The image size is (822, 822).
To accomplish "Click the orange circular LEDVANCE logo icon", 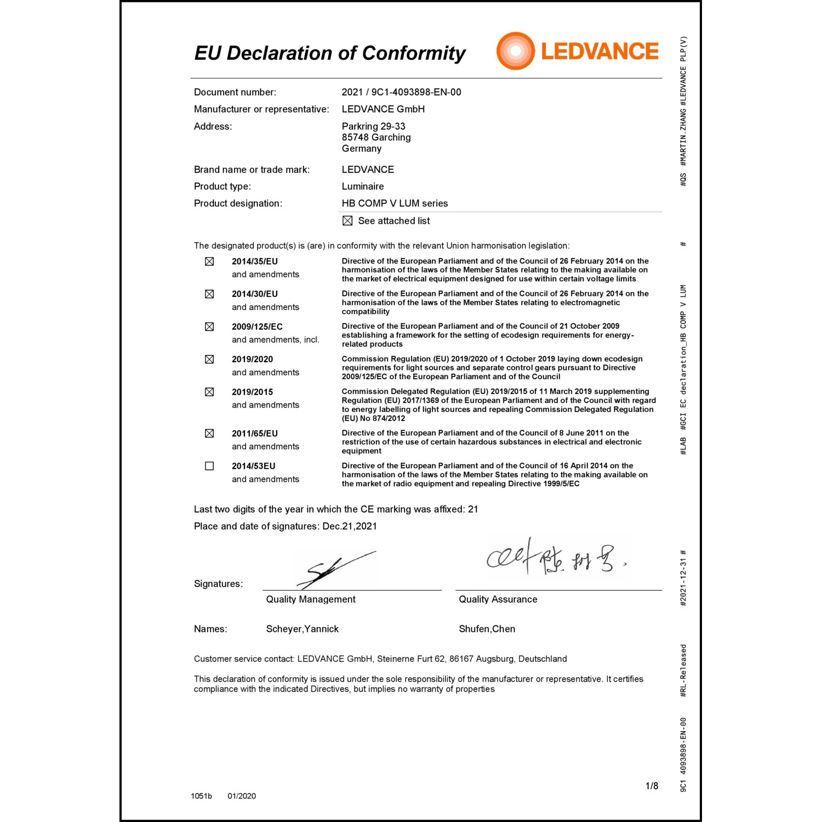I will coord(515,51).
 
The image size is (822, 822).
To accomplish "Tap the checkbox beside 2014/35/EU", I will coord(209,262).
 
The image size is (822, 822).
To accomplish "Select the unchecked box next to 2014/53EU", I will coord(209,466).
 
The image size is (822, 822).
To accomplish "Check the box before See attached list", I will coord(347,221).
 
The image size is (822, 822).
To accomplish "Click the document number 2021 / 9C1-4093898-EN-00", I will coord(401,92).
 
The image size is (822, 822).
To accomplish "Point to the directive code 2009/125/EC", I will coord(257,327).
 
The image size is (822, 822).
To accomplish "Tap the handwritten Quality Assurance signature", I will coord(553,558).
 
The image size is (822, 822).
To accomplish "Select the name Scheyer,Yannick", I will coord(302,629).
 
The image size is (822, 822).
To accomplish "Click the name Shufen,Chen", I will coord(487,629).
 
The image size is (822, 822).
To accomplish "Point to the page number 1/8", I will coord(652,786).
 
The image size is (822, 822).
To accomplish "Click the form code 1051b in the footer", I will coord(201,796).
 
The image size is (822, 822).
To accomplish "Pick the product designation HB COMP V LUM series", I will coord(395,203).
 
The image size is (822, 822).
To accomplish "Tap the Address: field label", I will coord(213,127).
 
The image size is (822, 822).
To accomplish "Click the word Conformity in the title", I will coord(414,53).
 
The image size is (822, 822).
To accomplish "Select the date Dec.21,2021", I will coord(350,527).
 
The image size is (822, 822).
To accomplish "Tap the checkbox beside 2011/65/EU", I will coord(209,433).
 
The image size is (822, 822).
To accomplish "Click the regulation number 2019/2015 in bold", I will coord(252,392).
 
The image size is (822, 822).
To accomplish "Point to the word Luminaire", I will coord(363,186).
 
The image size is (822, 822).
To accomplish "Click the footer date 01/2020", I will coord(242,796).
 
